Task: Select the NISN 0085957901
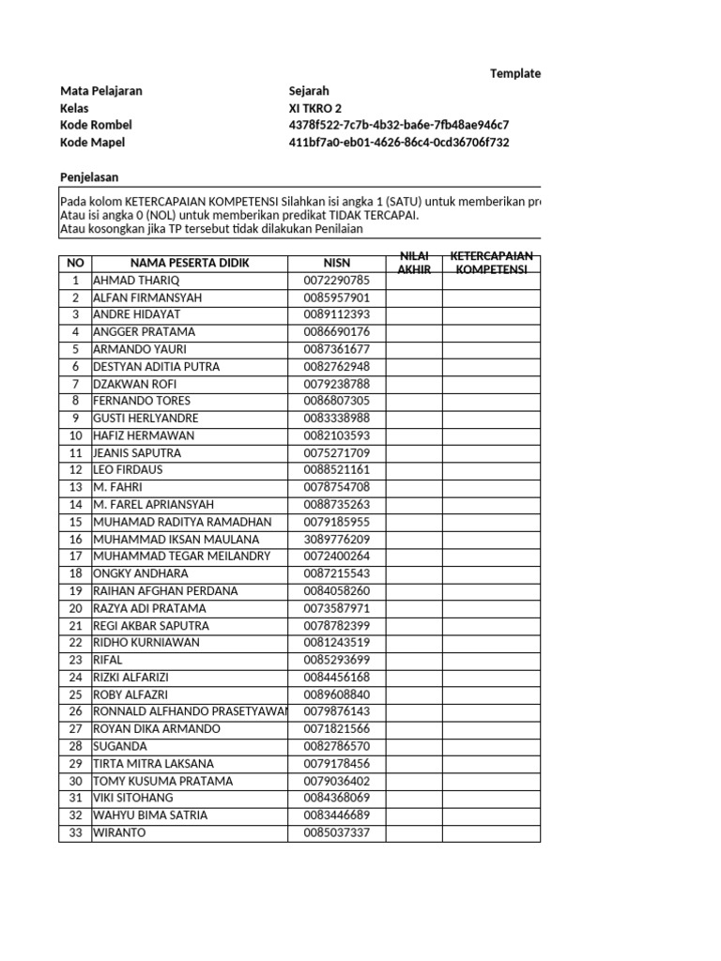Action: coord(337,297)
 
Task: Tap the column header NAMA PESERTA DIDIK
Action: coord(190,263)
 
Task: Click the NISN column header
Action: coord(337,263)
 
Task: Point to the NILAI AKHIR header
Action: coord(414,263)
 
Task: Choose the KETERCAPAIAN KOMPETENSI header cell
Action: coord(491,263)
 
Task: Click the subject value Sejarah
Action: coord(309,91)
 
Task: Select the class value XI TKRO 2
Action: coord(315,108)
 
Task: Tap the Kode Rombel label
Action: coord(96,125)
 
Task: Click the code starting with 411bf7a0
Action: coord(399,143)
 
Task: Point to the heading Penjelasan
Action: coord(89,177)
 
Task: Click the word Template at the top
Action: coord(514,73)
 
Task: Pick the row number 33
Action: coord(75,832)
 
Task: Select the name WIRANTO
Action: coord(119,832)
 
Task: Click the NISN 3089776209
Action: coord(337,540)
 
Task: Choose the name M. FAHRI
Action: coord(119,487)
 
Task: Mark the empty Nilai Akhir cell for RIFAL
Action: coord(414,660)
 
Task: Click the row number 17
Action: coord(75,557)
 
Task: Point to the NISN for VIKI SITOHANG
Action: coord(337,798)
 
